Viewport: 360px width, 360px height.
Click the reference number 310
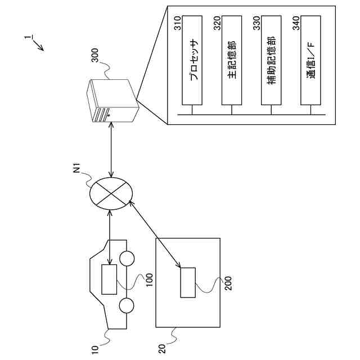[178, 23]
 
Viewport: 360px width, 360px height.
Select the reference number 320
[217, 23]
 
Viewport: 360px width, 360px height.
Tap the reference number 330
[256, 23]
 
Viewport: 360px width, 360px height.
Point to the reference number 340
[296, 23]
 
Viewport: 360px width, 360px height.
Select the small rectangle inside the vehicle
[109, 278]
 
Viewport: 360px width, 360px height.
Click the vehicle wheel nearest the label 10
[127, 306]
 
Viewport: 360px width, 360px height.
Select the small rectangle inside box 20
[188, 282]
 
